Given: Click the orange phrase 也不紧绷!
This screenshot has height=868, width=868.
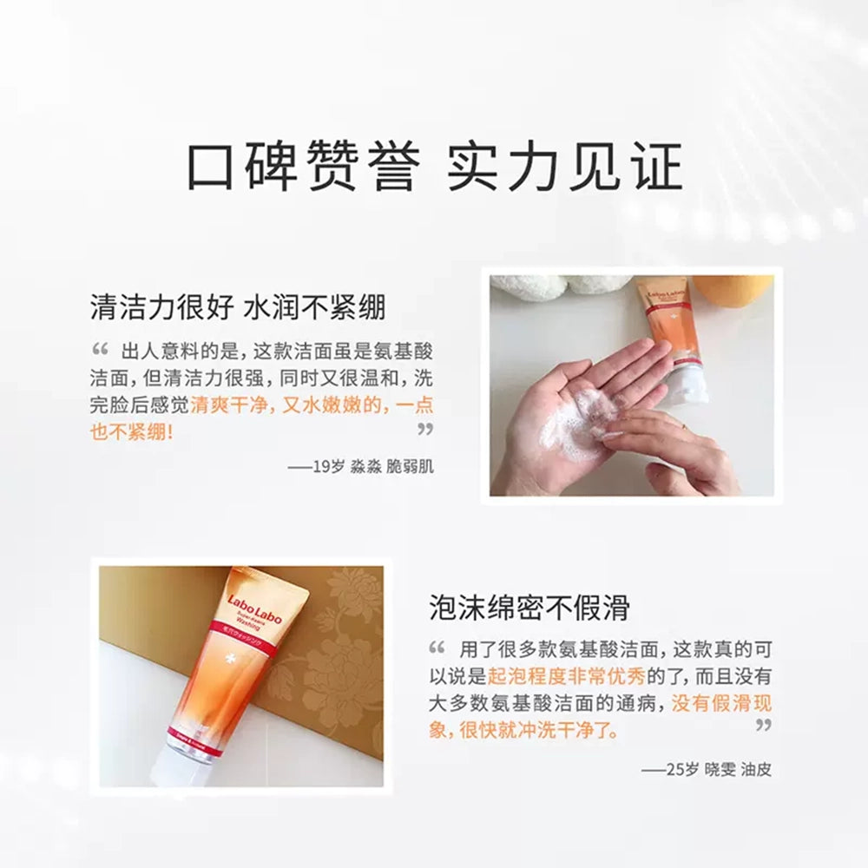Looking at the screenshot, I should point(132,431).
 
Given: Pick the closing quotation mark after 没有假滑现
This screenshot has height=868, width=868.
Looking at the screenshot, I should point(763,725).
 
